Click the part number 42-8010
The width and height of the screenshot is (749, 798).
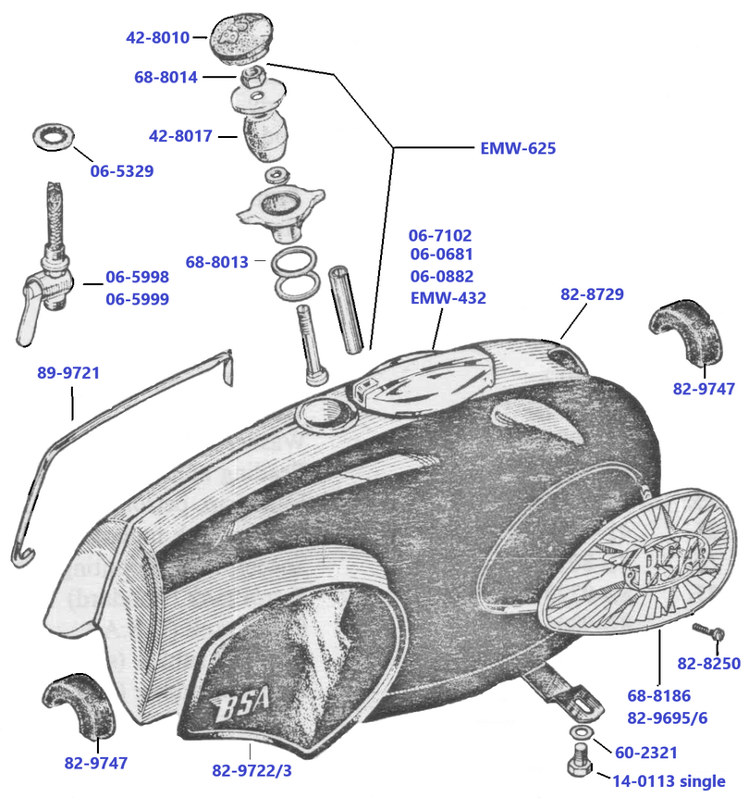(x=157, y=38)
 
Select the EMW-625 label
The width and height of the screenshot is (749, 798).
(x=518, y=147)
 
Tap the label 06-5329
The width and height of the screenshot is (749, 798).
(x=121, y=170)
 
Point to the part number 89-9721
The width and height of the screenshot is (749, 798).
(x=68, y=373)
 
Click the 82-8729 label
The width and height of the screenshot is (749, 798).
(x=592, y=294)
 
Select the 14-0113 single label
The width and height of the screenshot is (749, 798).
(x=667, y=781)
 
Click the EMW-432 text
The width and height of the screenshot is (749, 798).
(x=448, y=298)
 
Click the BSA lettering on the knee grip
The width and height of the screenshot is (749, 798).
(x=239, y=708)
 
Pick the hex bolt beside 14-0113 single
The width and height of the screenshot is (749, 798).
(x=575, y=771)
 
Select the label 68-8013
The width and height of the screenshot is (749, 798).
(x=216, y=262)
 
